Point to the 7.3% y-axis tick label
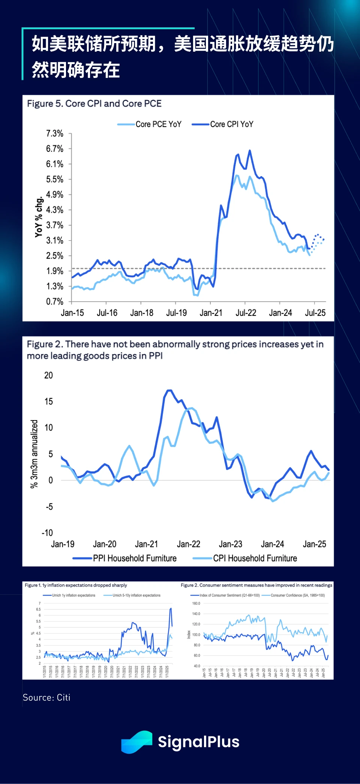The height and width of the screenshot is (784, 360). click(55, 133)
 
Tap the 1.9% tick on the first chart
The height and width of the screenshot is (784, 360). click(55, 271)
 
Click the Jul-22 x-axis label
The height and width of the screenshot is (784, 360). click(246, 313)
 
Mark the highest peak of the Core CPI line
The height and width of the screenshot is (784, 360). click(250, 151)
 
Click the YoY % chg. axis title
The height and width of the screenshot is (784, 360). click(39, 217)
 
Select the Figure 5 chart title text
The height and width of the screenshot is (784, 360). click(94, 103)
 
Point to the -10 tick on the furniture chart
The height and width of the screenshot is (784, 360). click(47, 533)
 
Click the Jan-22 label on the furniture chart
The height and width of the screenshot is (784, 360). click(189, 544)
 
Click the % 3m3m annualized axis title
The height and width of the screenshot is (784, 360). click(34, 453)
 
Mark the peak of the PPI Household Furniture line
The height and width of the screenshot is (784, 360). click(169, 391)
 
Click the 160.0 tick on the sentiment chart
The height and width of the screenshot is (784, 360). click(196, 603)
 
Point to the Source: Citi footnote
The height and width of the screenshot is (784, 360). click(46, 697)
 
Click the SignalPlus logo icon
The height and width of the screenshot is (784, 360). click(136, 742)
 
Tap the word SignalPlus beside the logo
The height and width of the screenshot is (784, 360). click(198, 742)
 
